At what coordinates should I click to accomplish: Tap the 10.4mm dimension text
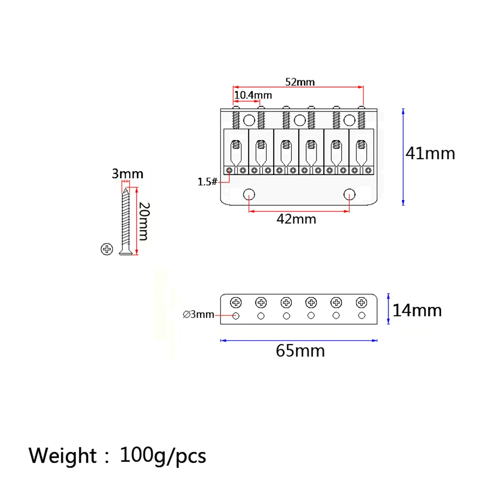252,95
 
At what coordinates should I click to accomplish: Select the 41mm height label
430,153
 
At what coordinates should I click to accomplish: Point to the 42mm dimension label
297,218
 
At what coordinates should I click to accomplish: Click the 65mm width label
300,351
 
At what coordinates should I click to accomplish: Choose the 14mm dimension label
417,311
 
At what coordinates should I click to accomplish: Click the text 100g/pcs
163,455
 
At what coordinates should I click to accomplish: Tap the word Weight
63,455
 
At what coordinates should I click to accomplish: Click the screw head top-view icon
106,249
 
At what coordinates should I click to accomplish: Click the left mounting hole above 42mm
250,193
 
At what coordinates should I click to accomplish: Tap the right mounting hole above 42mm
350,193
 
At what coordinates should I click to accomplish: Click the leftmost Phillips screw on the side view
236,302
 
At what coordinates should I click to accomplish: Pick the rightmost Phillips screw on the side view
362,302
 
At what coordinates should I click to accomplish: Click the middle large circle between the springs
300,120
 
